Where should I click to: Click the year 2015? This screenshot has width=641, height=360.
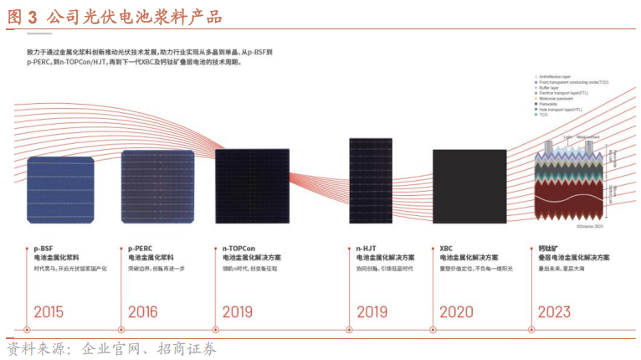tap(49, 311)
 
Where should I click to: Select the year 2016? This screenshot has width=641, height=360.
tap(143, 311)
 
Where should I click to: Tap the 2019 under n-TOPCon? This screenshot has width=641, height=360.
tap(238, 311)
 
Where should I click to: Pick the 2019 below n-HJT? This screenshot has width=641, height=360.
tap(372, 311)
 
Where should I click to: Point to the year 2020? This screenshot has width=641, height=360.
tap(456, 311)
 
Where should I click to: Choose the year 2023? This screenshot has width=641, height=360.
tap(554, 311)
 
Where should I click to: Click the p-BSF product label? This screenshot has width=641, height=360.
tap(43, 248)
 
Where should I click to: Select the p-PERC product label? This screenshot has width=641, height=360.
tap(140, 248)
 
